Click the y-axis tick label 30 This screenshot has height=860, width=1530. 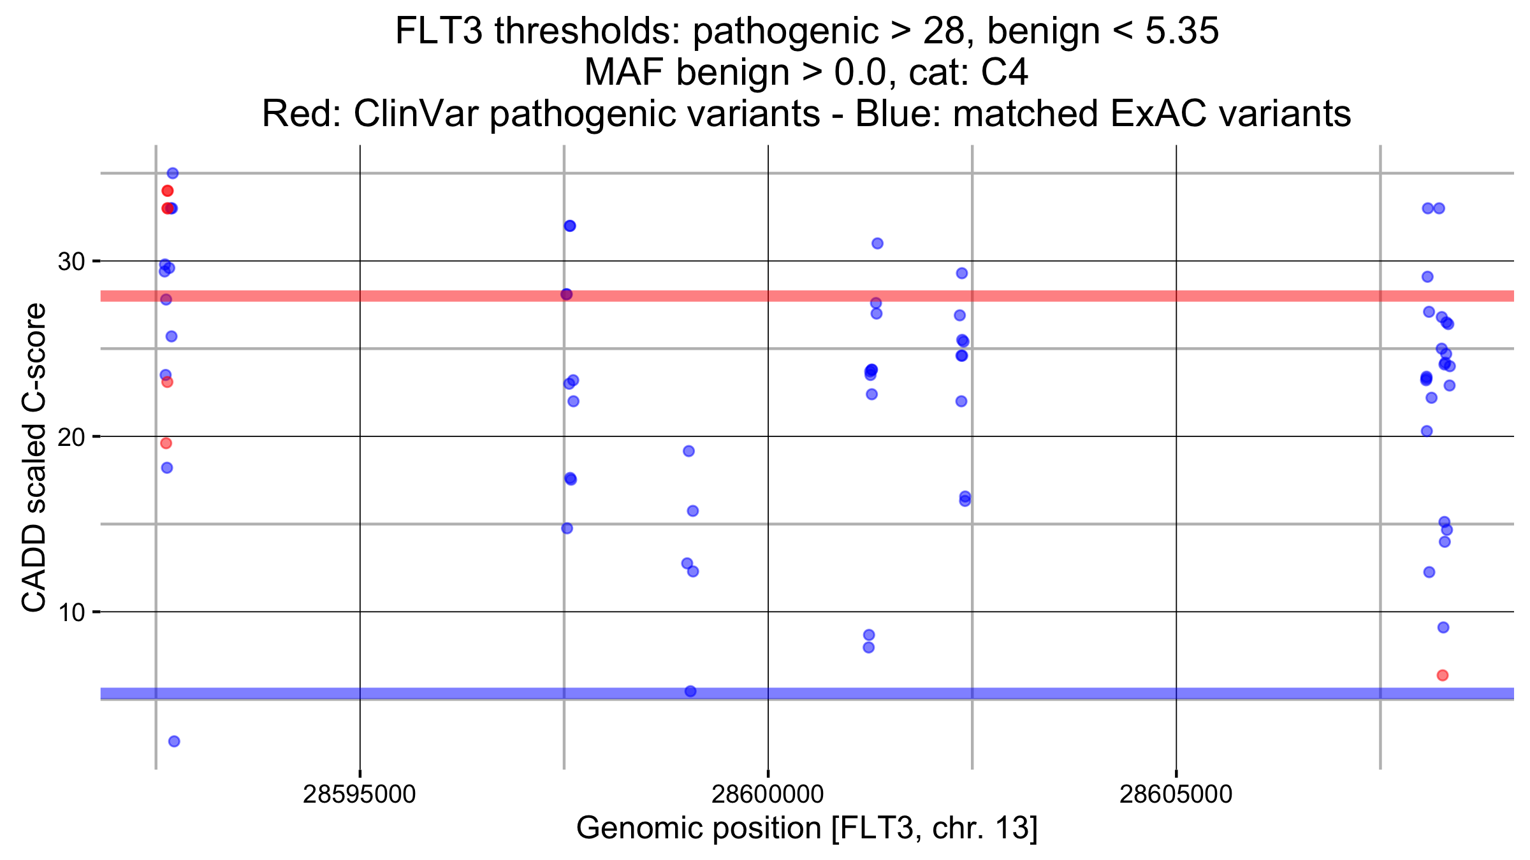(x=71, y=261)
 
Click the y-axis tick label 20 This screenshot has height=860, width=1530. (x=71, y=437)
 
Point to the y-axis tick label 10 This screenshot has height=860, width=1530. (x=71, y=613)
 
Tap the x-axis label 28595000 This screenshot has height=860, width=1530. (x=360, y=795)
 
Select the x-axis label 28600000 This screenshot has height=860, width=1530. (x=768, y=795)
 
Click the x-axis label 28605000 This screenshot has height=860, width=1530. (x=1176, y=795)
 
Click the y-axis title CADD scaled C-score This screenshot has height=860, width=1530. (x=34, y=457)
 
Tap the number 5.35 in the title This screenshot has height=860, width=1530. (x=1182, y=31)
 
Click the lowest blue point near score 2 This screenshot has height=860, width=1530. (x=174, y=742)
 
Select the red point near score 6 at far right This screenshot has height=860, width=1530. (x=1443, y=675)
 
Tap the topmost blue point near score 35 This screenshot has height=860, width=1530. (x=173, y=173)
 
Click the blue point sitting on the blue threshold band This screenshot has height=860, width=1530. (x=690, y=691)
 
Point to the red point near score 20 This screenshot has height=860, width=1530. (x=166, y=443)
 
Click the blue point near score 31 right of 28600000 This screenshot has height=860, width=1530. (x=877, y=243)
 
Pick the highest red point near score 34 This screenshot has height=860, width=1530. (x=168, y=191)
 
